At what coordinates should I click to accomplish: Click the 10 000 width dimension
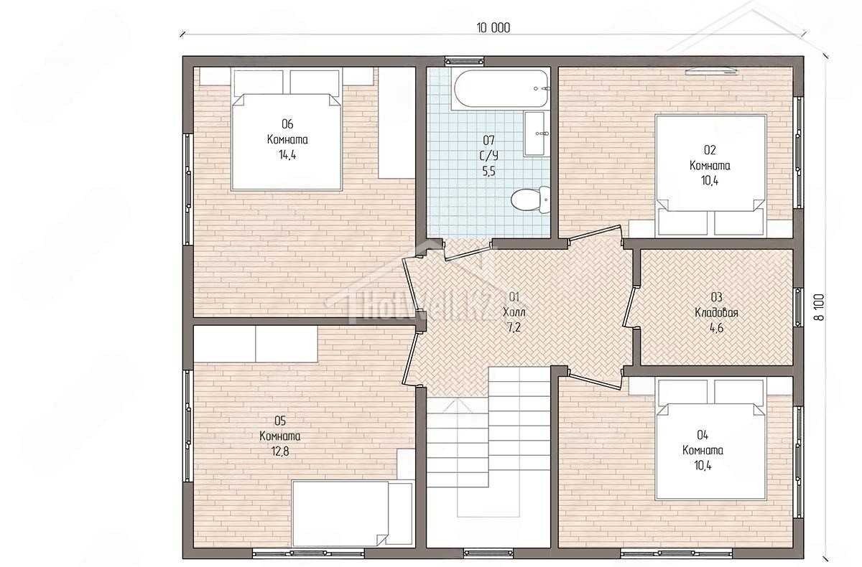pyautogui.click(x=493, y=28)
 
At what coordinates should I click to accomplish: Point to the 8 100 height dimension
pyautogui.click(x=820, y=306)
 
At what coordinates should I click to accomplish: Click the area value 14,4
pyautogui.click(x=287, y=155)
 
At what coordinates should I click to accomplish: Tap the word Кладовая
pyautogui.click(x=716, y=312)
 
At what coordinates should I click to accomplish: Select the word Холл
pyautogui.click(x=514, y=311)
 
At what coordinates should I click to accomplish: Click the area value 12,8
pyautogui.click(x=279, y=451)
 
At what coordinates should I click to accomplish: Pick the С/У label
pyautogui.click(x=488, y=156)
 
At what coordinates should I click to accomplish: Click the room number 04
pyautogui.click(x=703, y=435)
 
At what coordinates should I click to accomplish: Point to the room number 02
pyautogui.click(x=710, y=149)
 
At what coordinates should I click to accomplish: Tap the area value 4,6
pyautogui.click(x=716, y=328)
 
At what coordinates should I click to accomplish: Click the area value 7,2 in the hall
pyautogui.click(x=514, y=327)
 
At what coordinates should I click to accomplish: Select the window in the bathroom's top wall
pyautogui.click(x=465, y=61)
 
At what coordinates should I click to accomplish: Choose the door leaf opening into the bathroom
pyautogui.click(x=468, y=252)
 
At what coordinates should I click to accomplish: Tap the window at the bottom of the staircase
pyautogui.click(x=488, y=553)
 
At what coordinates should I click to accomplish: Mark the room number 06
pyautogui.click(x=287, y=123)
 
